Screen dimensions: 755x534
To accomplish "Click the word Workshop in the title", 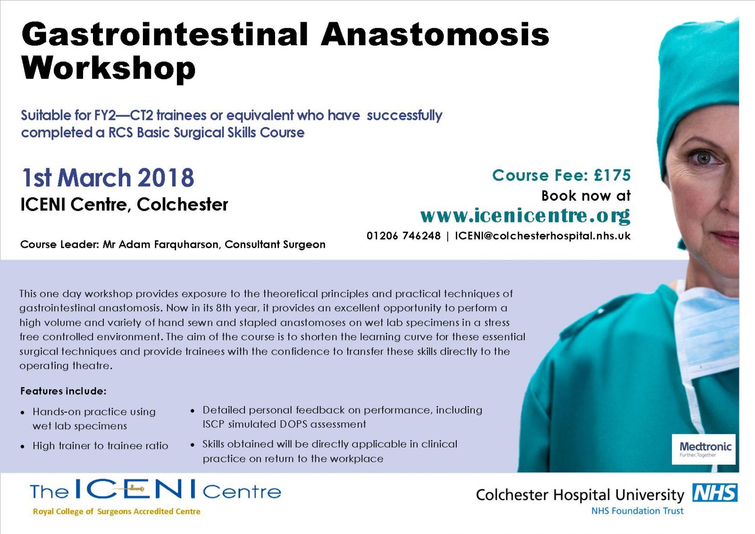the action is point(108,68).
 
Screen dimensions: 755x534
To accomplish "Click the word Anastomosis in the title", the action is point(435,34).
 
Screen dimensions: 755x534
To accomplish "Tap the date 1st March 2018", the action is point(108,178).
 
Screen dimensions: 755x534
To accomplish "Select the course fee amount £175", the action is point(612,175).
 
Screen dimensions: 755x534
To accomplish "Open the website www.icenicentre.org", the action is point(525,216).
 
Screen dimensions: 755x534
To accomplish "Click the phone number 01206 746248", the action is point(403,236).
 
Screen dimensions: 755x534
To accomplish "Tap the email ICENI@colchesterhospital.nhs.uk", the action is point(543,236).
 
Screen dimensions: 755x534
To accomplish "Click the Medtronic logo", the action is point(704,449).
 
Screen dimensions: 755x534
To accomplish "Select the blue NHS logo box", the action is point(715,492).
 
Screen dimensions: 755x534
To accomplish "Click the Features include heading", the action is point(63,391).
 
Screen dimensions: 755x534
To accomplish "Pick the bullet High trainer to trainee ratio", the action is point(101,446).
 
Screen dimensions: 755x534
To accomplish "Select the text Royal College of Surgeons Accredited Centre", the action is point(117,511).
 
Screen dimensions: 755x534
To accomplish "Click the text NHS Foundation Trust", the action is point(638,511).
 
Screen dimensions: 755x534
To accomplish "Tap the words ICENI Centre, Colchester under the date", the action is point(125,204).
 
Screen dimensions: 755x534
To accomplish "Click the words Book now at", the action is point(586,195).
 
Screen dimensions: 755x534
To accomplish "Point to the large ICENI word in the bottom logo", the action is point(135,489).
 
